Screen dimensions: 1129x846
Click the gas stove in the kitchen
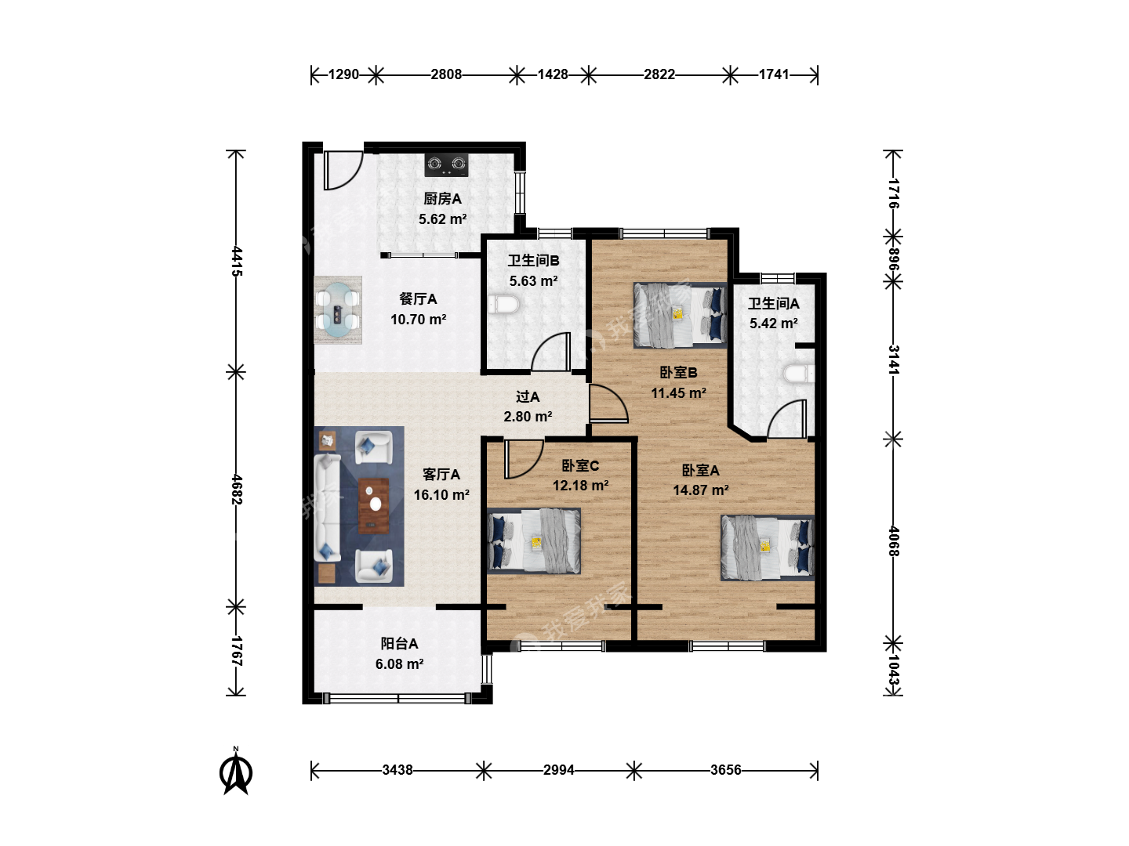[x=446, y=164]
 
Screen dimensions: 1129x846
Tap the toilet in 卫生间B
[x=503, y=304]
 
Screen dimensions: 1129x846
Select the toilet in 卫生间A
[x=799, y=374]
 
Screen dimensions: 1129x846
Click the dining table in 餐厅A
[x=337, y=309]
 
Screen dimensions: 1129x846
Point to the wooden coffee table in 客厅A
[x=373, y=506]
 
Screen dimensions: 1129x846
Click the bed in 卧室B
[x=680, y=315]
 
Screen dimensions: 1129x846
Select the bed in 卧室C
[x=534, y=540]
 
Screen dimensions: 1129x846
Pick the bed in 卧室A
[x=768, y=548]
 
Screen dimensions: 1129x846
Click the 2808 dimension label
[x=446, y=74]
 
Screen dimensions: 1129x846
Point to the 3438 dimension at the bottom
[x=397, y=770]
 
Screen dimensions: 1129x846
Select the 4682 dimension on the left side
[x=236, y=489]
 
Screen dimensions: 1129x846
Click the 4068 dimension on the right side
[x=894, y=541]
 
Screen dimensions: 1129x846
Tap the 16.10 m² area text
[x=441, y=494]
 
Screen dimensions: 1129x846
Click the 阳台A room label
[x=399, y=644]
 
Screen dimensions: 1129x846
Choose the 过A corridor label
[x=528, y=396]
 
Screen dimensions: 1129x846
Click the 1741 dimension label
[x=774, y=74]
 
